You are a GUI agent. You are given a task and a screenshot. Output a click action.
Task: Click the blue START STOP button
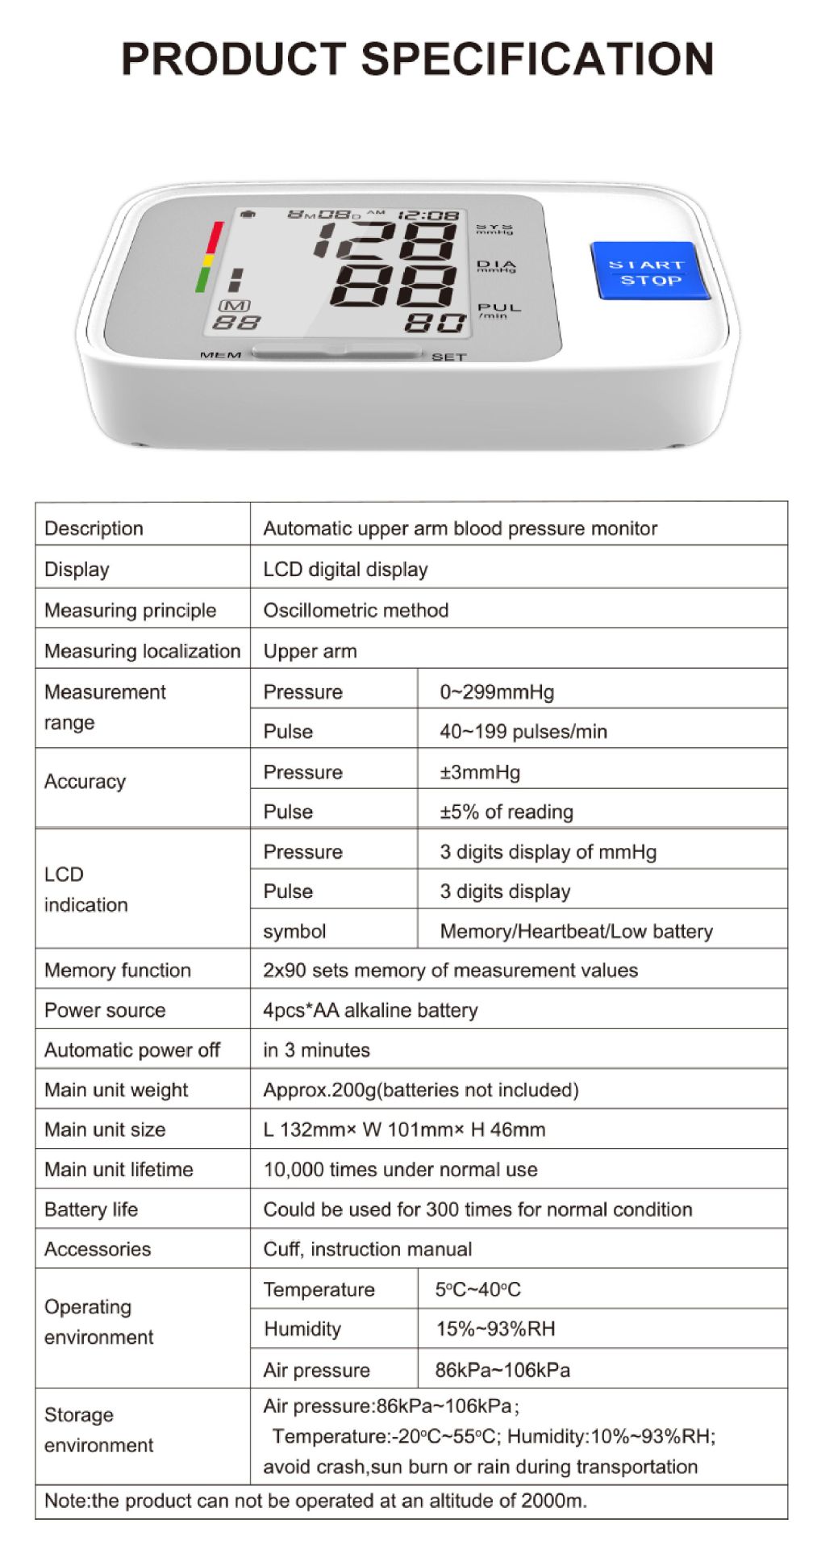[x=650, y=272]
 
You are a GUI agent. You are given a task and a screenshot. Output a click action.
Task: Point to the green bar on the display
[x=202, y=279]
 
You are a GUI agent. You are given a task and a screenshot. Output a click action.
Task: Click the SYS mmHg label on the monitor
[x=494, y=230]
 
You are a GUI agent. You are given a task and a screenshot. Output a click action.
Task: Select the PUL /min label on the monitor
[x=498, y=310]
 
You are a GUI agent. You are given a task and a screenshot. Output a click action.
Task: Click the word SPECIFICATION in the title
[x=537, y=59]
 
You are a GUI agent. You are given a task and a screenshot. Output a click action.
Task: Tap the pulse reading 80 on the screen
[x=435, y=324]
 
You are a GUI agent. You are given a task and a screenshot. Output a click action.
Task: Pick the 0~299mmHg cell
[x=497, y=691]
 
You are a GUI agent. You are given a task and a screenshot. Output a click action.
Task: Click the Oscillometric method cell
[x=356, y=610]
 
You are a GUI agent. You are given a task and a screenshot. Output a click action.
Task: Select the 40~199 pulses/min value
[x=523, y=731]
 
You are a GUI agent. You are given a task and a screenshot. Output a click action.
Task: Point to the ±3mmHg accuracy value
[x=480, y=772]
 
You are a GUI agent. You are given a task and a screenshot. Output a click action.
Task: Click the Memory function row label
[x=118, y=970]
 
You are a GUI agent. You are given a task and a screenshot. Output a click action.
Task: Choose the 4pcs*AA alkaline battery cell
[x=370, y=1010]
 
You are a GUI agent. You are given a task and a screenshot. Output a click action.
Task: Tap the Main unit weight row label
[x=116, y=1090]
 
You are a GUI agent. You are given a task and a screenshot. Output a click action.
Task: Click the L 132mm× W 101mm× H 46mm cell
[x=404, y=1129]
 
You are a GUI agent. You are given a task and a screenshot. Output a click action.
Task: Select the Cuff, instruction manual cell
[x=367, y=1249]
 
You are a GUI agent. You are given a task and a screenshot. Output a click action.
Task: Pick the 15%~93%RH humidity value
[x=495, y=1329]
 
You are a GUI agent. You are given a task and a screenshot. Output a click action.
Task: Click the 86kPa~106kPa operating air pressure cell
[x=502, y=1370]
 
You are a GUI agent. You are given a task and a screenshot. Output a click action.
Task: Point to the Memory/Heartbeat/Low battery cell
[x=576, y=931]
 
